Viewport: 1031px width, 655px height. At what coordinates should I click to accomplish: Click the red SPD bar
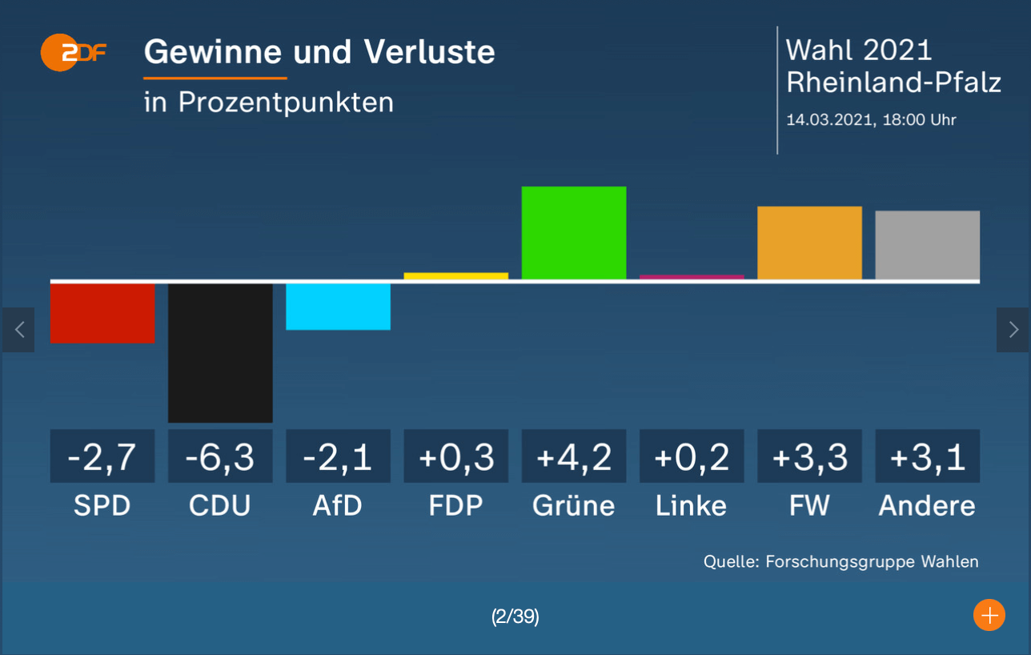tap(102, 313)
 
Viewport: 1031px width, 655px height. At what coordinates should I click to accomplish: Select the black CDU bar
tap(220, 352)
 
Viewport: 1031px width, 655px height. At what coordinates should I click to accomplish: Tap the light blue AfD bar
tap(338, 306)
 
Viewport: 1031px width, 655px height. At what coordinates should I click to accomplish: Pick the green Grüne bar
tap(573, 233)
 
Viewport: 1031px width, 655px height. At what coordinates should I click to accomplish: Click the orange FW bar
tap(809, 243)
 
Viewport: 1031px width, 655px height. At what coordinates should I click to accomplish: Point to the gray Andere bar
tap(927, 245)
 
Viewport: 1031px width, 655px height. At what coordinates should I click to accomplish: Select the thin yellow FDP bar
tap(455, 276)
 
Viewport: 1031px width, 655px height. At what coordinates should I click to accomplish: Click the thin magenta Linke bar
tap(692, 277)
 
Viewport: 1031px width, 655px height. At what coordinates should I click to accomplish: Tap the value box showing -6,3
tap(220, 456)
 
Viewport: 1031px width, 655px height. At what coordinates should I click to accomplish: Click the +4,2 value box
tap(573, 456)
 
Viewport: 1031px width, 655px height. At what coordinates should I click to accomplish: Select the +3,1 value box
tap(927, 456)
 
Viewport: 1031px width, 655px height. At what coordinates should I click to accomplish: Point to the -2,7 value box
tap(102, 456)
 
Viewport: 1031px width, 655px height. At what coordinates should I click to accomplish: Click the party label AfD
tap(338, 506)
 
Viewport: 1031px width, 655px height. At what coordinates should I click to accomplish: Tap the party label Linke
tap(692, 506)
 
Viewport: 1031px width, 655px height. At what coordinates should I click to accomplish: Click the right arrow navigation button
tap(1013, 329)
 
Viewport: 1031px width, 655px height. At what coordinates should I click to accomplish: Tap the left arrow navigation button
tap(19, 329)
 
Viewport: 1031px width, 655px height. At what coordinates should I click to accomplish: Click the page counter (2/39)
tap(515, 617)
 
